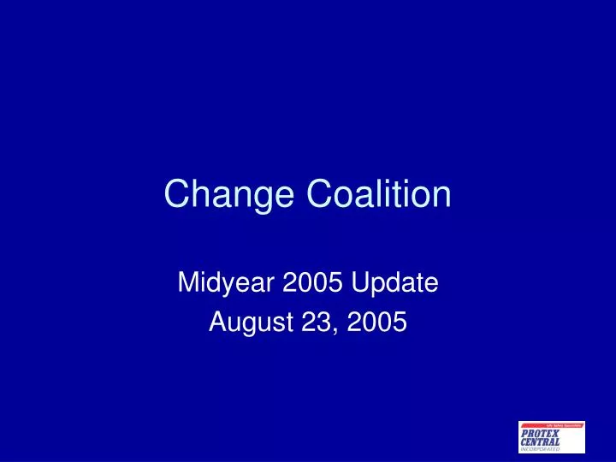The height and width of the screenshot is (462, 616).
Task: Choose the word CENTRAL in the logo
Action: (540, 441)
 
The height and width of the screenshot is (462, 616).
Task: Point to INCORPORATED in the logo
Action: (540, 448)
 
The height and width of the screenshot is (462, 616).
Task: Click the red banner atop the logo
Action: (552, 425)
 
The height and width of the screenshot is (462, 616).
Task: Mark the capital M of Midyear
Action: (188, 281)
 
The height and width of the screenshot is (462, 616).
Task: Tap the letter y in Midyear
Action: (227, 285)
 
